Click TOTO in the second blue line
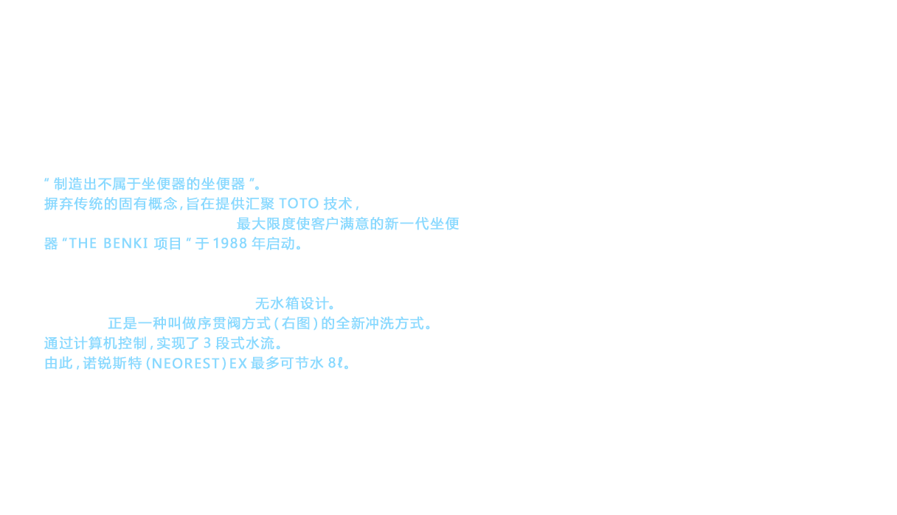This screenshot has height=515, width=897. [x=299, y=204]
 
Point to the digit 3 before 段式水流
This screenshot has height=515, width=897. [x=207, y=343]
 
